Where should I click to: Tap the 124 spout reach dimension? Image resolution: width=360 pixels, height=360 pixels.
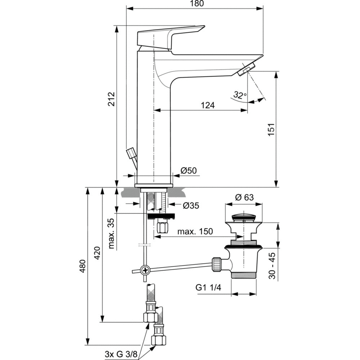coord(208,105)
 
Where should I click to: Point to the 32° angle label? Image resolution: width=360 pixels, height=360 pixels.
coord(239,95)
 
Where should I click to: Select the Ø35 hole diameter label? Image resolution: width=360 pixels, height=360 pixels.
coord(190,206)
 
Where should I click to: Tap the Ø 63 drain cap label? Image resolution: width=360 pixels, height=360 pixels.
coord(244,197)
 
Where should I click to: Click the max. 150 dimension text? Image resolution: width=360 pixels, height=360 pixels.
coord(195,231)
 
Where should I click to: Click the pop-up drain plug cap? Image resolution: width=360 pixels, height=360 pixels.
coord(244,217)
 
